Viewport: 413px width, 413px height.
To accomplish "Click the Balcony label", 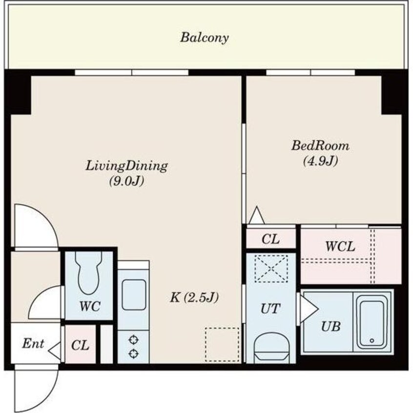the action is (x=205, y=38).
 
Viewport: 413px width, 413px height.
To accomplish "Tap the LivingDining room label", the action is (x=127, y=166).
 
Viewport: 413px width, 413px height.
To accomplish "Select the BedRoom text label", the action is (x=320, y=145).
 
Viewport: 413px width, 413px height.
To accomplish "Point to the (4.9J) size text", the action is (x=321, y=161).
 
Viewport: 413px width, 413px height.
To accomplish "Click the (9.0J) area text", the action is (x=127, y=181).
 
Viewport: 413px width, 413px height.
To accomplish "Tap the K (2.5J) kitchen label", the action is (x=194, y=298).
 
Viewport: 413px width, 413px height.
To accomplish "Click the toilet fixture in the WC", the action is (x=88, y=272).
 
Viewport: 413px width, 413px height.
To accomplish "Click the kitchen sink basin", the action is (x=134, y=295).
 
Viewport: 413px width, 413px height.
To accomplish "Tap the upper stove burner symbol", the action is (x=134, y=340).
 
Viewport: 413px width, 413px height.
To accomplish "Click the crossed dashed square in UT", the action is (x=271, y=268).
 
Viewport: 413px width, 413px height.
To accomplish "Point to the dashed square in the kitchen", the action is (x=222, y=345).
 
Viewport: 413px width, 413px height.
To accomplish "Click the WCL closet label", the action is (x=340, y=247).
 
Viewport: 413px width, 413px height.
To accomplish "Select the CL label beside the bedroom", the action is (x=270, y=239).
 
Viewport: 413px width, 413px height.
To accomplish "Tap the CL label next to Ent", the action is (x=80, y=345).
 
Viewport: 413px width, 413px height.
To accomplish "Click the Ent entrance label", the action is (x=33, y=344).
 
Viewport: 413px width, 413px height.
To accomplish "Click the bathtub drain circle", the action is (x=372, y=341).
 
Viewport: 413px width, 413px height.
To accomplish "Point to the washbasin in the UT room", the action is (x=271, y=348).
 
